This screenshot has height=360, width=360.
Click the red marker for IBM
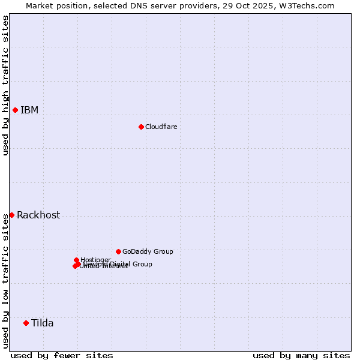(15, 110)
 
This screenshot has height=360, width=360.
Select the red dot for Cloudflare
(141, 127)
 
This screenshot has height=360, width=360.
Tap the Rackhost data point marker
(11, 215)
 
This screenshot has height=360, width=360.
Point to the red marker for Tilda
(26, 323)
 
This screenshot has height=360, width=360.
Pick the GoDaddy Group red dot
(118, 251)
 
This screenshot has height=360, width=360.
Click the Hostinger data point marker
(76, 260)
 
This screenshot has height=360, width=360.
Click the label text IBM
(29, 110)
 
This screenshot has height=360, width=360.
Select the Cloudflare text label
(161, 127)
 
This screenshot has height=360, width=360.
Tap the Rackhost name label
(38, 215)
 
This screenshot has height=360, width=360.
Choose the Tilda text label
(43, 323)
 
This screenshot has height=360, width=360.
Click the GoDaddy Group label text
(148, 251)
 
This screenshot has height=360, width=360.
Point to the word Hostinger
(95, 260)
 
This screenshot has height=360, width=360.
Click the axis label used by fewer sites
(62, 355)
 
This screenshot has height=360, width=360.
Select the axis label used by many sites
(301, 355)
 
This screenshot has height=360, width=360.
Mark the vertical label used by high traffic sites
(5, 85)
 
